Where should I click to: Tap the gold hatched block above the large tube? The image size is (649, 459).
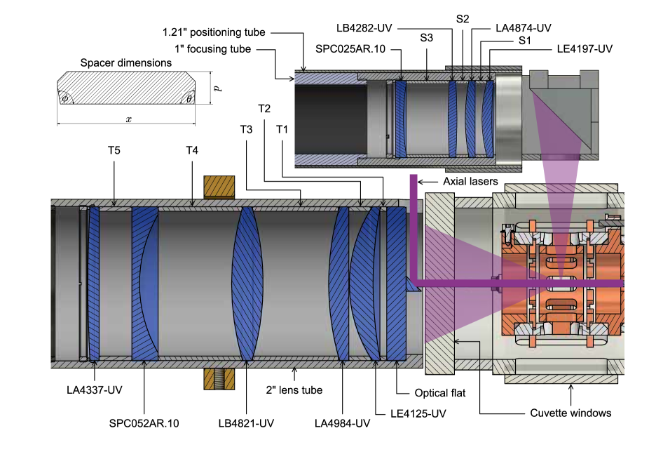coord(219,187)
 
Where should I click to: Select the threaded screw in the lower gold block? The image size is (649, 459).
coord(219,379)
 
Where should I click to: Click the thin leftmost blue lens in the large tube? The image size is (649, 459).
coord(94,284)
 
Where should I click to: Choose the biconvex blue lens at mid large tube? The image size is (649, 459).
coord(247,284)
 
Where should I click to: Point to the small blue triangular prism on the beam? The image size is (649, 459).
coord(411,285)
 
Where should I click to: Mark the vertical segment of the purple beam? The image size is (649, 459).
coord(414,225)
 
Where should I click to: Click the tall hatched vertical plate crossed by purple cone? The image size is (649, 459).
coord(439,284)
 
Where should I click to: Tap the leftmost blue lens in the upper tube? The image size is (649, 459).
coord(401,119)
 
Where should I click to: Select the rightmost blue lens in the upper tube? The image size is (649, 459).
coord(488,119)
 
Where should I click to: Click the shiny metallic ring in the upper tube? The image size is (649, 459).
coord(508,119)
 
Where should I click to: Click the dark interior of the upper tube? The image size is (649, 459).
coord(329,119)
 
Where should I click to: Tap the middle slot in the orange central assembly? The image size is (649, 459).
coord(561,284)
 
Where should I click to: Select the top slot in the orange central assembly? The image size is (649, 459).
coord(561,262)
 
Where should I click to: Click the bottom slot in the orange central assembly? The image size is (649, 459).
coord(561,305)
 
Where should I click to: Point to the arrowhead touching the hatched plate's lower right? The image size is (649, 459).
coord(456,342)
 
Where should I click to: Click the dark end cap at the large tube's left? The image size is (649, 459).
coord(53,284)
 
